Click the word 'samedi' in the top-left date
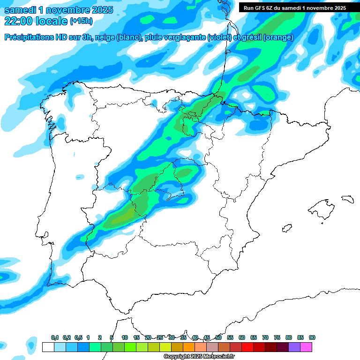click(x=19, y=10)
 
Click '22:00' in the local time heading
click(x=19, y=21)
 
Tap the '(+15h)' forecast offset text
click(x=81, y=21)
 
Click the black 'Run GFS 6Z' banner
click(x=294, y=7)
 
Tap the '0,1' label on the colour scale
click(x=55, y=337)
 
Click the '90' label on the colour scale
click(x=312, y=337)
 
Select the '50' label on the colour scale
click(x=218, y=337)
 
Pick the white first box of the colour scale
click(x=48, y=347)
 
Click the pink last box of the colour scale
click(x=306, y=347)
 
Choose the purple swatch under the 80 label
click(x=294, y=347)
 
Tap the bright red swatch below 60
click(x=247, y=347)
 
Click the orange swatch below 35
click(x=188, y=347)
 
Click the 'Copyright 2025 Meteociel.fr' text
click(x=199, y=356)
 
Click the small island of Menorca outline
click(x=347, y=199)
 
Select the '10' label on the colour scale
click(x=125, y=337)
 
